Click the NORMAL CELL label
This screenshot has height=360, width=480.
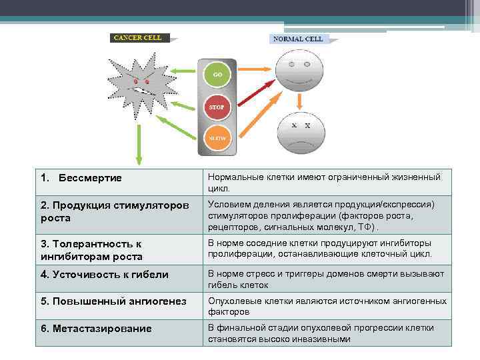(297, 39)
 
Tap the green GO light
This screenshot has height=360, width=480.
(217, 74)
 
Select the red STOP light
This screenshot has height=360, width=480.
(217, 107)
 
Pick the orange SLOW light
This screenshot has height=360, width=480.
(217, 138)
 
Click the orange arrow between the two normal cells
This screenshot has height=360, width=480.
(300, 101)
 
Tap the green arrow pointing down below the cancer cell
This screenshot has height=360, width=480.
(139, 143)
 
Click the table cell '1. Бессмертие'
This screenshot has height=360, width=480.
(81, 179)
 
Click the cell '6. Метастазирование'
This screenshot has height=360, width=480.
(96, 329)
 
